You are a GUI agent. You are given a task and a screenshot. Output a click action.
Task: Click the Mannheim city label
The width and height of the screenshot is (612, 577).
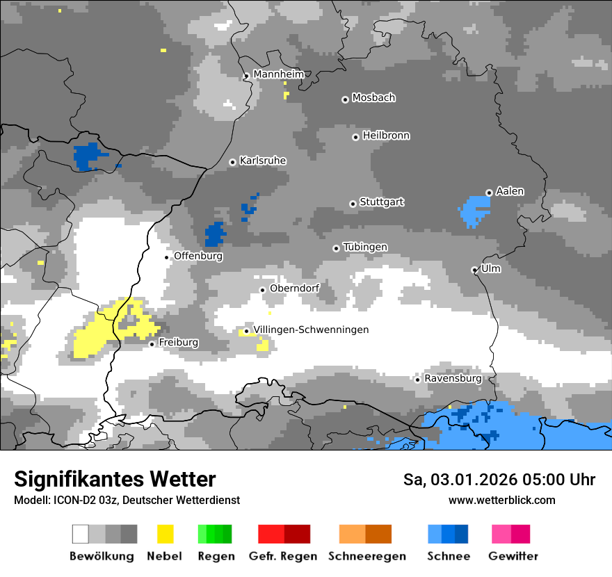279,74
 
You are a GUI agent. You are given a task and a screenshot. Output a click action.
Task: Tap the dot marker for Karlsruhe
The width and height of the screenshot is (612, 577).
233,162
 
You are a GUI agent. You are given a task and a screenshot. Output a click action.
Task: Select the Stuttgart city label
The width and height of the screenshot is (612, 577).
382,202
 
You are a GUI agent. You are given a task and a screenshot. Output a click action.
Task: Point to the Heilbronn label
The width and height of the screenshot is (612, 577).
386,136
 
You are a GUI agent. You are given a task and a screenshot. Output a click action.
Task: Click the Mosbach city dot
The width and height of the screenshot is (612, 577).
345,99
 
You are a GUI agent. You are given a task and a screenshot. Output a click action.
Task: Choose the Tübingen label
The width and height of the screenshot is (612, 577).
365,247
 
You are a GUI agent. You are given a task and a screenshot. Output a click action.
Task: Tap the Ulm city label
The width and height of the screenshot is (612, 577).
491,268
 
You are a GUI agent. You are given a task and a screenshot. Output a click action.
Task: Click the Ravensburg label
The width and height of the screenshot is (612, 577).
453,379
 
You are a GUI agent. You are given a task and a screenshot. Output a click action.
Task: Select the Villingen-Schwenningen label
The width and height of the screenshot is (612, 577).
311,330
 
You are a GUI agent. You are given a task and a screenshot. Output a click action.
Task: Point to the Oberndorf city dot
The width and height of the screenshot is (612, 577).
262,290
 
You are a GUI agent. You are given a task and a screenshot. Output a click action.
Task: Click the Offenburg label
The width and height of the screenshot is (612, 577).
198,256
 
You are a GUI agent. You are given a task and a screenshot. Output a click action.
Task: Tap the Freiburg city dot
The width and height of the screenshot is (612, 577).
152,344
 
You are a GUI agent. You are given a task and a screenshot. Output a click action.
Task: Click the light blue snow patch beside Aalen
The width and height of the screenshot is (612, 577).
476,209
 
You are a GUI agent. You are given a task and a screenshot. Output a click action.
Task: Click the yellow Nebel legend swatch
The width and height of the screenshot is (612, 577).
166,534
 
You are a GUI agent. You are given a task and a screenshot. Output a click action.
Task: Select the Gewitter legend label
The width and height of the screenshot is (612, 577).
513,556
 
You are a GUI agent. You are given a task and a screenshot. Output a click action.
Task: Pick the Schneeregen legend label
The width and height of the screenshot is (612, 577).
367,556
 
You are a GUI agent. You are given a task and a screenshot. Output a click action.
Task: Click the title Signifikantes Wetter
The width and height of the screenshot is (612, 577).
115,479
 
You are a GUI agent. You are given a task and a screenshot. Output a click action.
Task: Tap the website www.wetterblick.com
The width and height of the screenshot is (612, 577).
501,500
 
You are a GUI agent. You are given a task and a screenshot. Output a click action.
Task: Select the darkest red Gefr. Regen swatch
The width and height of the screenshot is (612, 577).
297,534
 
